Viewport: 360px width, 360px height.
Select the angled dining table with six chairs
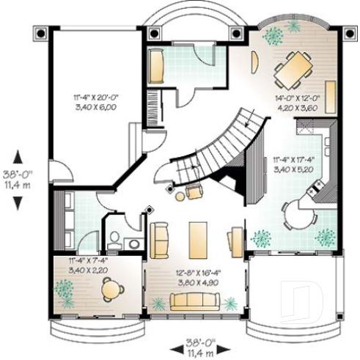[293, 70]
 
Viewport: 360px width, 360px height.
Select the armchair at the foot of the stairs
[194, 192]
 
